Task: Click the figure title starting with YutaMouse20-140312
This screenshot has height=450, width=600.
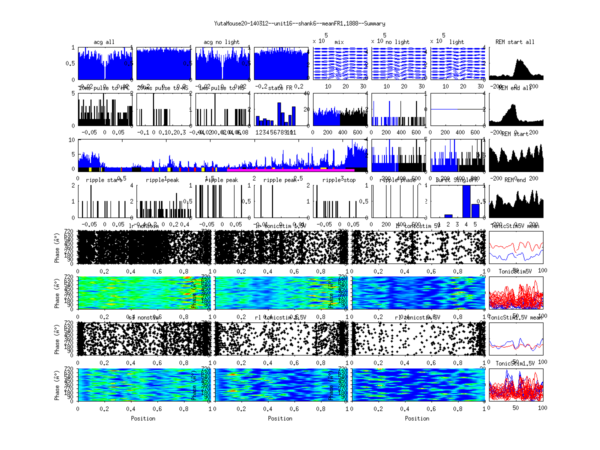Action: coord(299,23)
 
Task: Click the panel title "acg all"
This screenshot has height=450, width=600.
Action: coord(104,42)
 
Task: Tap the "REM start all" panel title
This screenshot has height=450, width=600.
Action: coord(515,42)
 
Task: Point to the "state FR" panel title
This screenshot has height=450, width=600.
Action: coord(280,88)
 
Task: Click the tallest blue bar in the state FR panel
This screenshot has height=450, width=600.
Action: coord(279,114)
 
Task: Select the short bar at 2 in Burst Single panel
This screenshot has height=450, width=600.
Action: coord(448,215)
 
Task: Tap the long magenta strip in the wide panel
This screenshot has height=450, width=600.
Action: coord(290,170)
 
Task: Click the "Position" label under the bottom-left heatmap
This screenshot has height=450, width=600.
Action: coord(143,418)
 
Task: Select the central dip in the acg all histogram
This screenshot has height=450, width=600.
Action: coord(104,75)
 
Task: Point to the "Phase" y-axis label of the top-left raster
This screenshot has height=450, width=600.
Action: coord(57,247)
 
